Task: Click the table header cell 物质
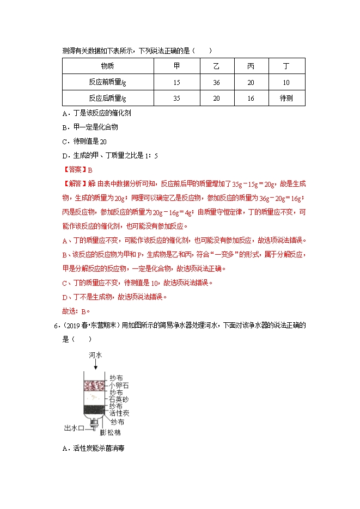click(x=108, y=66)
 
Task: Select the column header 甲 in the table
click(x=176, y=66)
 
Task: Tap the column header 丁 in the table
click(x=286, y=66)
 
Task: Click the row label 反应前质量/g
click(x=108, y=82)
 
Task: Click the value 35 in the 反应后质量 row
click(x=176, y=98)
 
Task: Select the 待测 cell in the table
click(x=286, y=98)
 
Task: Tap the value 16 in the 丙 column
click(x=251, y=98)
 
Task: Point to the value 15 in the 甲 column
click(x=176, y=82)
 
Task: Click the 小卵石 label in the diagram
click(x=119, y=385)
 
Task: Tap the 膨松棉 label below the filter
click(x=111, y=433)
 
